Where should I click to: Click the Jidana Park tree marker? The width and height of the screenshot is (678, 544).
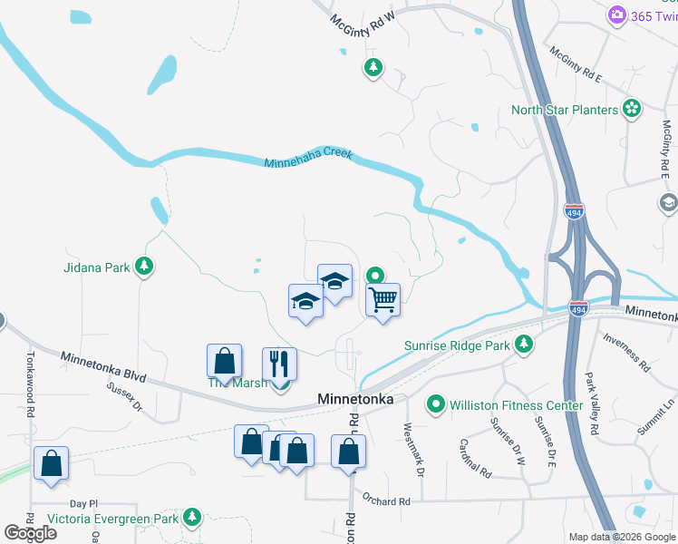(143, 267)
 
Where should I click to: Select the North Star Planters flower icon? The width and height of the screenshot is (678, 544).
(632, 110)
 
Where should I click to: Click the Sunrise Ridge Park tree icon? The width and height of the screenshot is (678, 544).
(523, 345)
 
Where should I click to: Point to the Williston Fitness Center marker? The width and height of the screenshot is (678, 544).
(437, 405)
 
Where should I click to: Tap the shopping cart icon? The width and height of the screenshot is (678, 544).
(383, 299)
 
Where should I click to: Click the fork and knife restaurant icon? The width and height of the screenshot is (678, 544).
(280, 364)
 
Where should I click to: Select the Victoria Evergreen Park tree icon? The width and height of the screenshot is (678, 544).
(191, 518)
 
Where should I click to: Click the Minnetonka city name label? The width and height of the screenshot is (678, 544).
(354, 399)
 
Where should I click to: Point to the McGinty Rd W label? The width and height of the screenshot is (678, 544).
(363, 21)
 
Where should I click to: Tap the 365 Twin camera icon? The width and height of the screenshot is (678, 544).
(617, 15)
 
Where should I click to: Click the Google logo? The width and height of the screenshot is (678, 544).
(31, 532)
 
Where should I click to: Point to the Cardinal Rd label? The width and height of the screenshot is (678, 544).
(474, 460)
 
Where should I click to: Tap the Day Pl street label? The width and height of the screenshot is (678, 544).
(82, 503)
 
